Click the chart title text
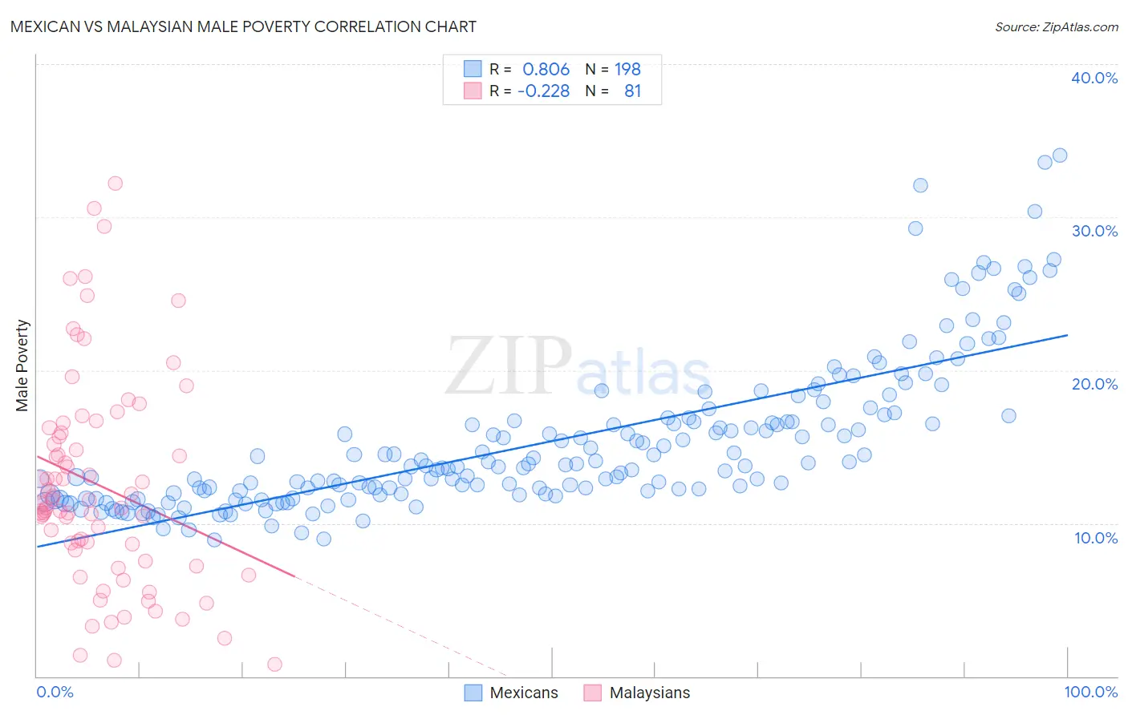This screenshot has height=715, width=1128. [243, 26]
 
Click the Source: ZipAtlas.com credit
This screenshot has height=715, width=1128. [1056, 26]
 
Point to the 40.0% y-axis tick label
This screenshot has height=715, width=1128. [1094, 78]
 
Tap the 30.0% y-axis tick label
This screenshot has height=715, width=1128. [1094, 231]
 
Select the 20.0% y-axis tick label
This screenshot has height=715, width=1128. [1094, 384]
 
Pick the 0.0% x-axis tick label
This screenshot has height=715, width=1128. [55, 692]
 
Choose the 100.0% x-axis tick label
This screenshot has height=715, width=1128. [1090, 692]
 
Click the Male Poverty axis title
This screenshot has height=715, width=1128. [22, 366]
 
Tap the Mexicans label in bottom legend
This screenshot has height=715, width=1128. [523, 693]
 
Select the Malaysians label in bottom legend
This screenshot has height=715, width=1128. [649, 693]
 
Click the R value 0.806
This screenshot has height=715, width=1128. [546, 70]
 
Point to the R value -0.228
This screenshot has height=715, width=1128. [543, 91]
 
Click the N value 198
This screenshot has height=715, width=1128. [627, 70]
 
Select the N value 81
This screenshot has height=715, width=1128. [632, 91]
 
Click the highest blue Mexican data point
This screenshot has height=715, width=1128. [1059, 156]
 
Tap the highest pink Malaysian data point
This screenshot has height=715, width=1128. [115, 184]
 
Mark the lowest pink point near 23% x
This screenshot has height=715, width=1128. [274, 664]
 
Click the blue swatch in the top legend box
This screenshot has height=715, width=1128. [473, 70]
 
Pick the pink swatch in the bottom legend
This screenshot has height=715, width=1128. [592, 693]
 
